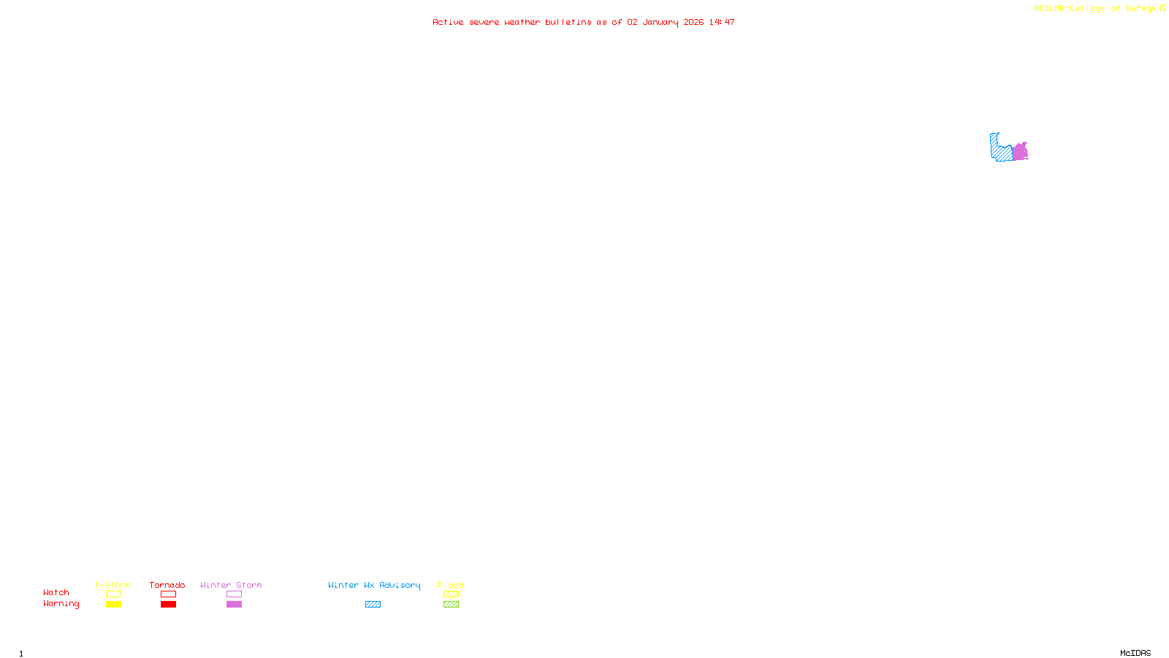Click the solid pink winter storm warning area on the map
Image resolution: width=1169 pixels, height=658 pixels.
coord(1020,152)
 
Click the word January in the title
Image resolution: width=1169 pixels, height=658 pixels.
coord(660,22)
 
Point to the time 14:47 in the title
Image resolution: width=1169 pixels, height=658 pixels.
coord(721,22)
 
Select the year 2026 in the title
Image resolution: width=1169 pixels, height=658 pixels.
coord(693,22)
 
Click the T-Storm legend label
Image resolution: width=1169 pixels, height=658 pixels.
coord(113,585)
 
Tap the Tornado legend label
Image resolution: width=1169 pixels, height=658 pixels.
coord(167,585)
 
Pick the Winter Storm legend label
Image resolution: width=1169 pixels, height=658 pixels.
coord(231,585)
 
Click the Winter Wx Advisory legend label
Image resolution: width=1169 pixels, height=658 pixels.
coord(374,585)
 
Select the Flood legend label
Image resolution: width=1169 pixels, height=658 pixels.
coord(451,585)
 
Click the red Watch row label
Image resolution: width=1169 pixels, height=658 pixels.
coord(56,592)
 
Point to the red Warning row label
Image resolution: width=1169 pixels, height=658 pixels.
coord(61,604)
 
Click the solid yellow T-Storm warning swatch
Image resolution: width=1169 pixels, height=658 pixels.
coord(113,605)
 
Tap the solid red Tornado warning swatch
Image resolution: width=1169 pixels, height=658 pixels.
coord(169,605)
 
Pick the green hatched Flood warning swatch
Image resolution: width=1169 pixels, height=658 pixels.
coord(452,605)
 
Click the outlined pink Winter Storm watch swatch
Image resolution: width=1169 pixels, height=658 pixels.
coord(234,594)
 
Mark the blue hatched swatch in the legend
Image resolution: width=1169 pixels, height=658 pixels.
coord(373,605)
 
